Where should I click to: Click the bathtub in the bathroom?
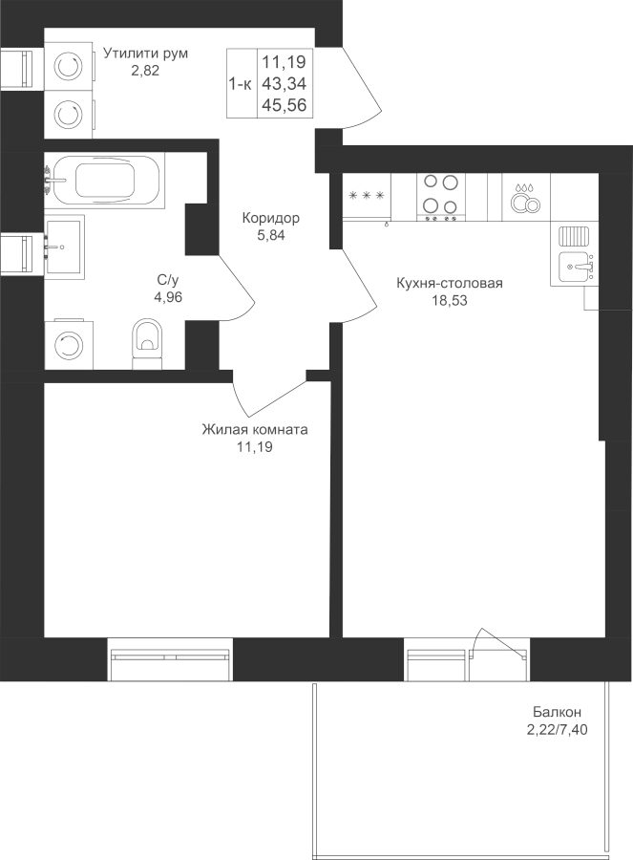tap(104, 180)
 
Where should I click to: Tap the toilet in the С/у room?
tap(148, 343)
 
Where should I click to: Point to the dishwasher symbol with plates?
tap(526, 198)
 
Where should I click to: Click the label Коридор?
tap(271, 218)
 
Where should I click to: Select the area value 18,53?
tap(449, 300)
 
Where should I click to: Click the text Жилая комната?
tap(255, 429)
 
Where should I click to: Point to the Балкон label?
tap(558, 712)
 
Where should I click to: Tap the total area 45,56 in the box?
tap(284, 105)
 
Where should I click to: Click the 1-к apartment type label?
tap(240, 84)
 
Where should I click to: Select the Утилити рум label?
tap(146, 54)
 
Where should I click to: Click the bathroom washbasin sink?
tap(65, 247)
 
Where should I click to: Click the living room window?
tap(170, 658)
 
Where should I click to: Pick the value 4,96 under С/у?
tap(168, 297)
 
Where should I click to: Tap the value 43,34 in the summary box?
tap(284, 84)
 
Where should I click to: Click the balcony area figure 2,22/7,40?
tap(557, 730)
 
